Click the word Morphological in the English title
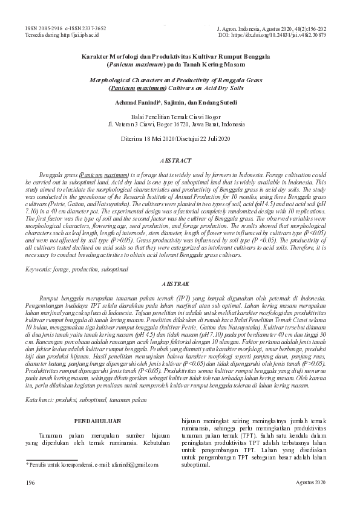click(x=114, y=79)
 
